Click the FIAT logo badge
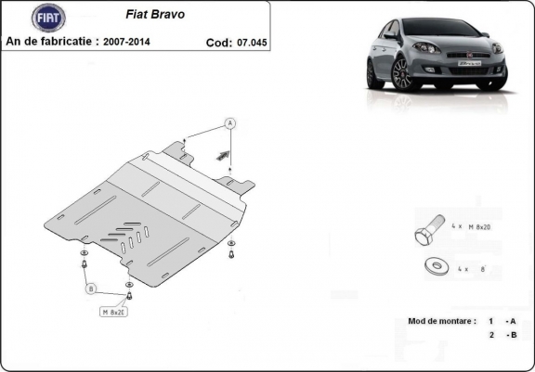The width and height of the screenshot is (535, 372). [x=48, y=17]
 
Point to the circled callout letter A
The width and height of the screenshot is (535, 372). [x=229, y=123]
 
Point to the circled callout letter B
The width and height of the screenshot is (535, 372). [x=91, y=289]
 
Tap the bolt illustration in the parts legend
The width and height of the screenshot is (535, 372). [x=427, y=229]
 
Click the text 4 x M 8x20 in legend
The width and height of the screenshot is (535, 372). [x=472, y=225]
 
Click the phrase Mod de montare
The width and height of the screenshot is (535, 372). [x=441, y=321]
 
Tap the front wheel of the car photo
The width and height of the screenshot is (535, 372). [x=401, y=74]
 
